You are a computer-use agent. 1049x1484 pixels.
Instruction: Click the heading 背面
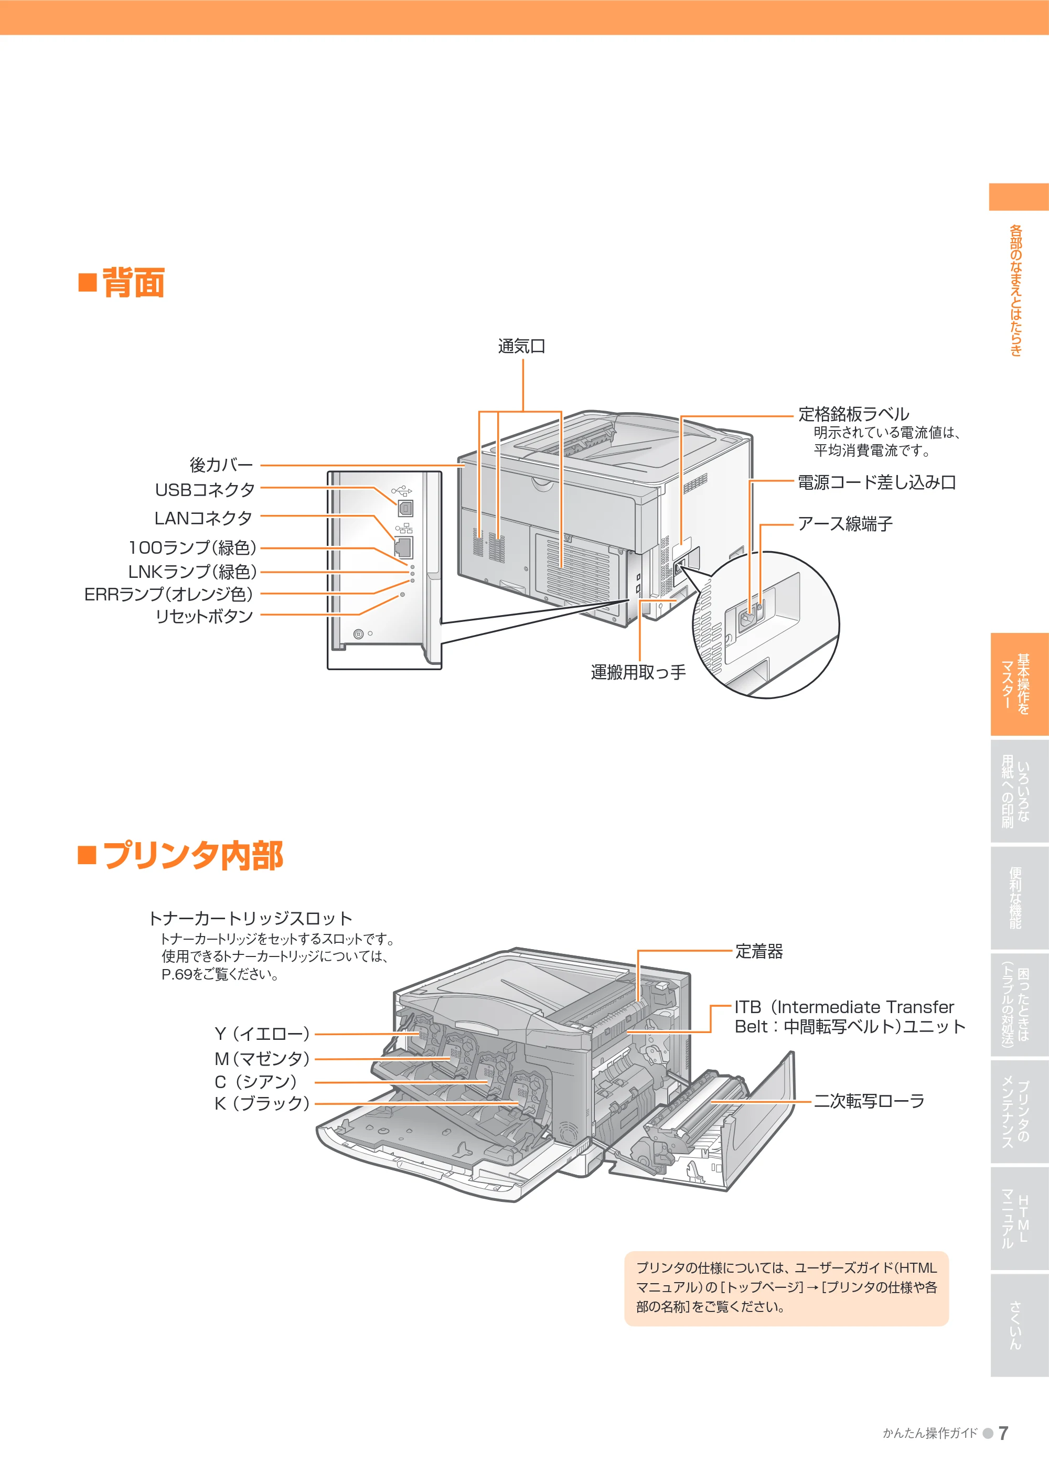pyautogui.click(x=134, y=283)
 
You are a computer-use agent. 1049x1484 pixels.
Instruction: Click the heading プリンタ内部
pyautogui.click(x=192, y=855)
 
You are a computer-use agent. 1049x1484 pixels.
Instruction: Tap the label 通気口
pyautogui.click(x=521, y=347)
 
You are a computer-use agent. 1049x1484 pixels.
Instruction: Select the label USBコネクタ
pyautogui.click(x=205, y=490)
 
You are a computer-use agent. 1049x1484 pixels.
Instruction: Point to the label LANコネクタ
pyautogui.click(x=204, y=519)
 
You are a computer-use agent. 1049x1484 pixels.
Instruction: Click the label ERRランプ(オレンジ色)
pyautogui.click(x=169, y=595)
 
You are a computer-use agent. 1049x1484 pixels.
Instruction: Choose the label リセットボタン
pyautogui.click(x=204, y=616)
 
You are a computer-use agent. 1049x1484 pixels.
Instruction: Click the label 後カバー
pyautogui.click(x=221, y=465)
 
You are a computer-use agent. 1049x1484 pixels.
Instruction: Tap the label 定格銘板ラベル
pyautogui.click(x=854, y=414)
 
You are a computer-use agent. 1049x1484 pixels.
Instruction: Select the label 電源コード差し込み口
pyautogui.click(x=876, y=482)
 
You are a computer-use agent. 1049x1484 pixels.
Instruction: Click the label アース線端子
pyautogui.click(x=845, y=523)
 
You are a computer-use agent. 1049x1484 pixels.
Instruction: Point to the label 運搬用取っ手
pyautogui.click(x=638, y=672)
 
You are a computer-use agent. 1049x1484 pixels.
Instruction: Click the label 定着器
pyautogui.click(x=759, y=951)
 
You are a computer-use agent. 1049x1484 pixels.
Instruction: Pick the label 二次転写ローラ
pyautogui.click(x=869, y=1101)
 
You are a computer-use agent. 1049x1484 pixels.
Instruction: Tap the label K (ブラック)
pyautogui.click(x=262, y=1103)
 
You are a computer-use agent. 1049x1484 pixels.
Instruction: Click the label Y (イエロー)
pyautogui.click(x=262, y=1034)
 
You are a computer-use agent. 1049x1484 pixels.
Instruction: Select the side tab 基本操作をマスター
pyautogui.click(x=1019, y=684)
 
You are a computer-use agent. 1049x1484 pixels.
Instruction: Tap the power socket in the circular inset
pyautogui.click(x=748, y=619)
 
